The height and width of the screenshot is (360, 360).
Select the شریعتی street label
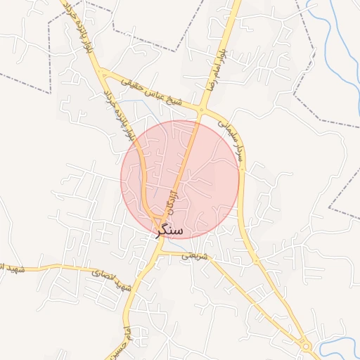coord(196,257)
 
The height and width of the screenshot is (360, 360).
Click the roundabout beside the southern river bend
coord(306,346)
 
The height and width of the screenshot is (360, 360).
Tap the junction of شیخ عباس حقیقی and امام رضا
coord(202,110)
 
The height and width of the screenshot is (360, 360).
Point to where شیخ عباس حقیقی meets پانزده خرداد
coord(102,72)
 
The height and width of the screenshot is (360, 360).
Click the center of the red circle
coord(180,179)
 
